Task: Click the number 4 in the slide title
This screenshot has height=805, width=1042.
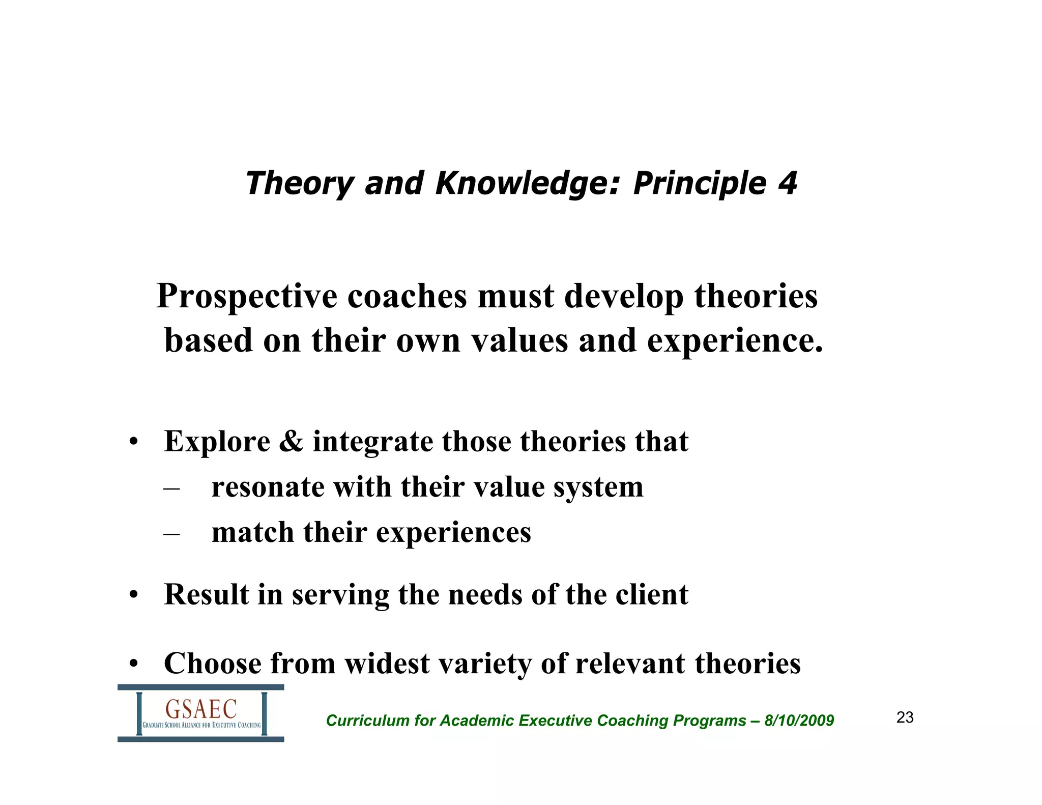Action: (788, 183)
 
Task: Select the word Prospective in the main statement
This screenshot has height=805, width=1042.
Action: (246, 297)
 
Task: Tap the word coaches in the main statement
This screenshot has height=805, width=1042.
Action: (407, 296)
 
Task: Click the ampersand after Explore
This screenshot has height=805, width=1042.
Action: (291, 441)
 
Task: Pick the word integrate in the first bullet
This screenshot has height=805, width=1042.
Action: (372, 442)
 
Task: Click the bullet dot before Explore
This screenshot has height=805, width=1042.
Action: (133, 442)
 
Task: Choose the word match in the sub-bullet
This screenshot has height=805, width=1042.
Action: (253, 533)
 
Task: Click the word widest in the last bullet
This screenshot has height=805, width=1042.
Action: (387, 664)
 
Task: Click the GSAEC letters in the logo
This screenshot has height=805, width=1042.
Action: (201, 709)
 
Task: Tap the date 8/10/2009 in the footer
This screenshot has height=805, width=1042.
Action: (799, 721)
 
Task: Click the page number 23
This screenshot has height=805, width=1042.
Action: (905, 717)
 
